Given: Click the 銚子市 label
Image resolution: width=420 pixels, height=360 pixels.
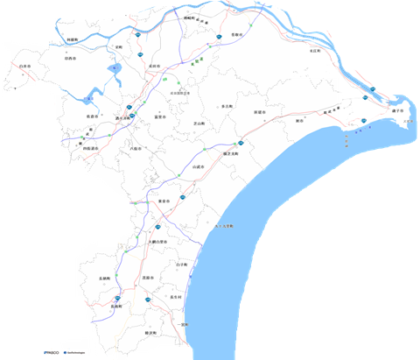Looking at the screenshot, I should (x=399, y=111).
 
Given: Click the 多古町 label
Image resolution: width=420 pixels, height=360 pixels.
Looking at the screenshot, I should (x=227, y=106).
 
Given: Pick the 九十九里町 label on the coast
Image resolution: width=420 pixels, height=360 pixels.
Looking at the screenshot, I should (x=224, y=226).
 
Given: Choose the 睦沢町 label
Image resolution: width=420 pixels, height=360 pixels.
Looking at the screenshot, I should (x=150, y=334).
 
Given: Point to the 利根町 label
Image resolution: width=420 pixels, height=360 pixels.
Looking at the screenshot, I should (x=73, y=39).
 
